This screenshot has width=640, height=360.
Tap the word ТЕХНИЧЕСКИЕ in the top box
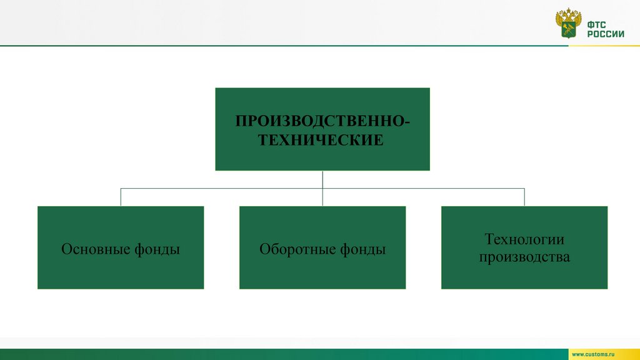pyautogui.click(x=321, y=141)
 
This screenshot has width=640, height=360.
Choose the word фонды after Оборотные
pyautogui.click(x=363, y=249)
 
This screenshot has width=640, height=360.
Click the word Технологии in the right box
pyautogui.click(x=524, y=239)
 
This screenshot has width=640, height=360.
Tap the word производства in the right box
pyautogui.click(x=524, y=256)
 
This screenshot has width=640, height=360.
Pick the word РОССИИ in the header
pyautogui.click(x=605, y=34)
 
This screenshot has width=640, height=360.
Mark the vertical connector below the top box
pyautogui.click(x=322, y=179)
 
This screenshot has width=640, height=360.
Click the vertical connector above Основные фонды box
pyautogui.click(x=121, y=197)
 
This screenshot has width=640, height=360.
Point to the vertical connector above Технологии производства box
pyautogui.click(x=524, y=197)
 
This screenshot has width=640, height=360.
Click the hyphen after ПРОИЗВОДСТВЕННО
pyautogui.click(x=408, y=120)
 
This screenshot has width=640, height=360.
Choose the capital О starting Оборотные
pyautogui.click(x=264, y=249)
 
